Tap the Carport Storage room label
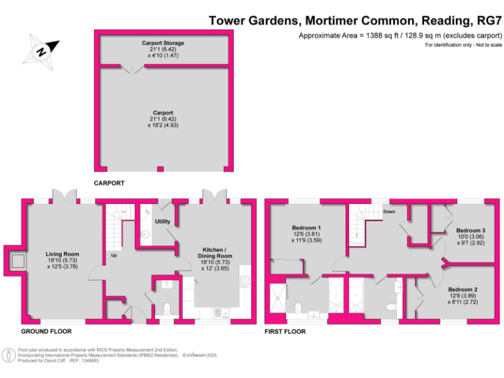tap(163, 43)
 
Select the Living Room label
tap(62, 254)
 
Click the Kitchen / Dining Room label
tap(216, 253)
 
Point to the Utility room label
tap(163, 221)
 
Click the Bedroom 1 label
tap(310, 228)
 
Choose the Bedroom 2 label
tap(463, 289)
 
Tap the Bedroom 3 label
tap(471, 230)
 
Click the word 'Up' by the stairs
tap(113, 255)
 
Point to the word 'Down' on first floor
tap(390, 212)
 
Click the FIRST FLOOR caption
tap(285, 331)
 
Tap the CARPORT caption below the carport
tap(109, 183)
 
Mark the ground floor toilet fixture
tap(167, 307)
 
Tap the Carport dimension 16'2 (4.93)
tap(163, 125)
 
